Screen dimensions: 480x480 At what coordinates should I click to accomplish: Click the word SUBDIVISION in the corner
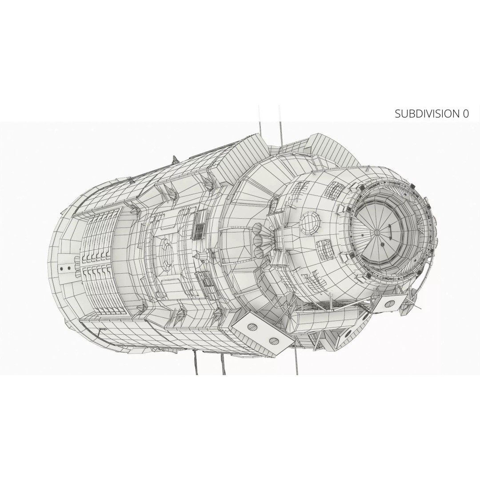point(425,114)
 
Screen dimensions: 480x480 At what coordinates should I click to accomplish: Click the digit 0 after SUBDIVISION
point(465,114)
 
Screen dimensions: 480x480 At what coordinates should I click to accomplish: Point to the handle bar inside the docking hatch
point(390,231)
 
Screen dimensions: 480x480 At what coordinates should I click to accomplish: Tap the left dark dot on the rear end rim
point(62,268)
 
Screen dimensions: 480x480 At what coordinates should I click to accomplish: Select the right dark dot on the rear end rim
point(69,268)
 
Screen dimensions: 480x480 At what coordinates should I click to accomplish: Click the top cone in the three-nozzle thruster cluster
point(259,228)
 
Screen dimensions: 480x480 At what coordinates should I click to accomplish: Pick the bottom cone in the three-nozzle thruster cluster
point(260,252)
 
